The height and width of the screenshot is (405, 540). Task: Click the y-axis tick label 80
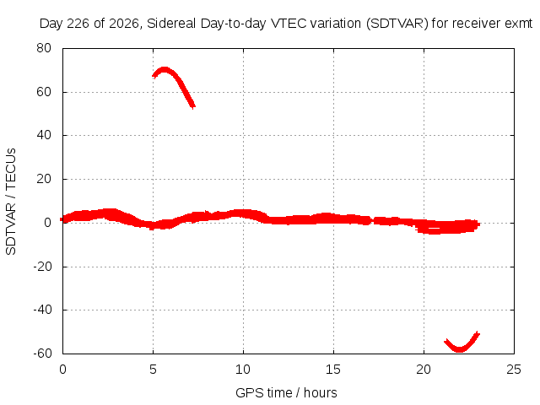tap(44, 48)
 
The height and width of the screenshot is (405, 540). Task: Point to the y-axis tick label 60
tap(44, 92)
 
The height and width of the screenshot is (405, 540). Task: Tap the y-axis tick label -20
tap(43, 267)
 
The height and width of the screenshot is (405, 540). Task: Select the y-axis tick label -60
tap(43, 354)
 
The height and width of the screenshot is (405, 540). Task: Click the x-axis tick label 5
tap(153, 370)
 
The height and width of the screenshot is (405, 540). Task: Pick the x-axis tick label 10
tap(243, 370)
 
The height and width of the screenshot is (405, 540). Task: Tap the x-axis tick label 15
tap(333, 370)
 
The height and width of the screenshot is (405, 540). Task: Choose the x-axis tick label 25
tap(514, 370)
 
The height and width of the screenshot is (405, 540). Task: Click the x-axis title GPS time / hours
tap(286, 392)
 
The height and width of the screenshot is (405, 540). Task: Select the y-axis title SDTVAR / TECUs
tap(11, 202)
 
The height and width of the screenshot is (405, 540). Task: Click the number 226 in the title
tap(78, 24)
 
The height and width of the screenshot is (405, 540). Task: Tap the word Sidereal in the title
tap(171, 24)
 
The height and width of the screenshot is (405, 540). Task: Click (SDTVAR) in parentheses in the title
tap(397, 24)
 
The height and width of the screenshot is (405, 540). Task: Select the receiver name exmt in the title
tap(519, 24)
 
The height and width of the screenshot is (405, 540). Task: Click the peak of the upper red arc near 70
tap(165, 69)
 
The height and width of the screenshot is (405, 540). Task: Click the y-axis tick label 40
tap(44, 135)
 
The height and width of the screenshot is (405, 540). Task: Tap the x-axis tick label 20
tap(424, 370)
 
